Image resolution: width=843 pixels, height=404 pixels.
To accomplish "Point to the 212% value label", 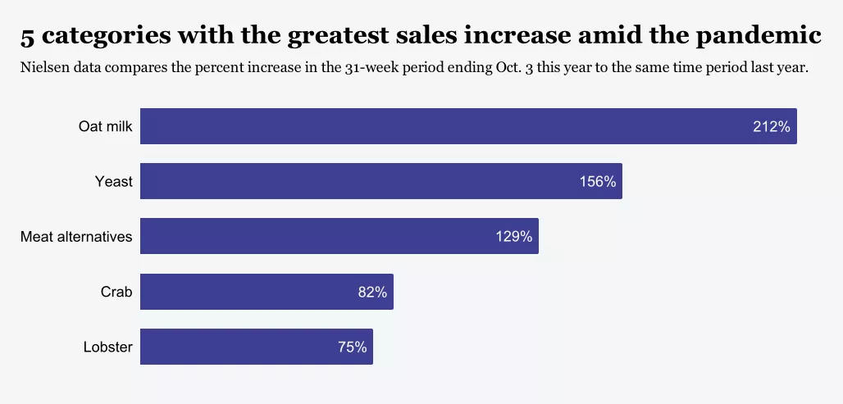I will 771,127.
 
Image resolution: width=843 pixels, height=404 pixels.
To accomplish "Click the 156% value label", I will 597,182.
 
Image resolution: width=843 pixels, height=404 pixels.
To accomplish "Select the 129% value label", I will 513,237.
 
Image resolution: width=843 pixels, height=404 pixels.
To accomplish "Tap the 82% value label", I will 372,292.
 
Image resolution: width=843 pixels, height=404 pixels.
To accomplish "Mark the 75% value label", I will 352,347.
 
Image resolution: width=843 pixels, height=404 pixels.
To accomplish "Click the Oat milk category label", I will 105,127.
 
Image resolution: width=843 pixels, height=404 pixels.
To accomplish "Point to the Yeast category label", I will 113,182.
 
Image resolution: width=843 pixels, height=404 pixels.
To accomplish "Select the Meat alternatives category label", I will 76,237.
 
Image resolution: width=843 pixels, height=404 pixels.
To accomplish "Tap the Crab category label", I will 116,292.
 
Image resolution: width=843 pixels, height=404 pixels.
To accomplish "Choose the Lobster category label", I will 107,347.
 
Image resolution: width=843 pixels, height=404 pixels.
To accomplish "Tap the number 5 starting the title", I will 27,37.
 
